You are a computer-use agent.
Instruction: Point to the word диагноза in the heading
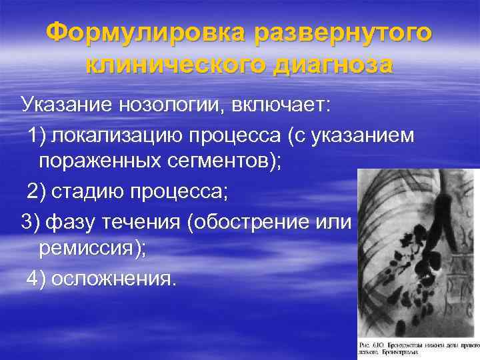pos(337,65)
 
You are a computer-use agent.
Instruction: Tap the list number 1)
pos(37,135)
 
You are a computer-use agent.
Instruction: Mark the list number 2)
pos(37,193)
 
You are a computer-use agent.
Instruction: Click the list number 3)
pos(32,221)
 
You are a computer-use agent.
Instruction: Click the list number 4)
pos(37,279)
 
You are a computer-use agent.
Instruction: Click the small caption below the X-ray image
pos(418,347)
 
